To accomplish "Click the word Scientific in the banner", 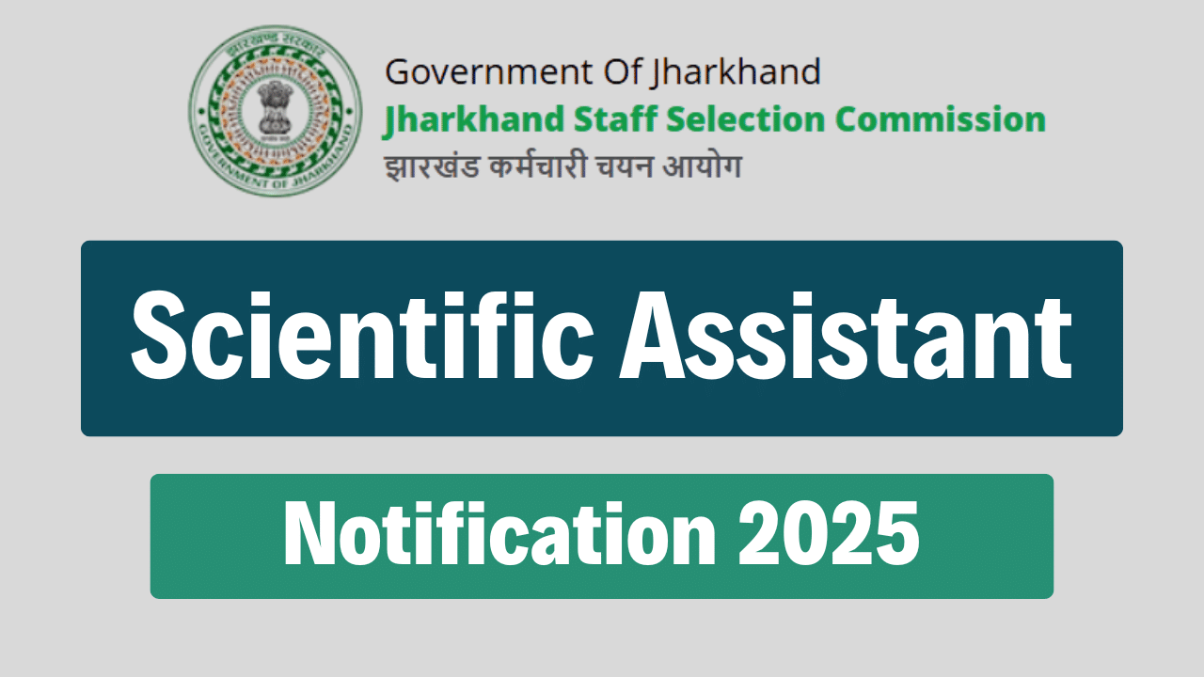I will tap(361, 337).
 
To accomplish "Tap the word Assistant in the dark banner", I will tap(845, 337).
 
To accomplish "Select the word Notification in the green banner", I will tap(499, 534).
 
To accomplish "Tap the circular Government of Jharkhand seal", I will tap(274, 111).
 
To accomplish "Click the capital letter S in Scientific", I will tap(159, 337).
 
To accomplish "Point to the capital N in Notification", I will tap(307, 534).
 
